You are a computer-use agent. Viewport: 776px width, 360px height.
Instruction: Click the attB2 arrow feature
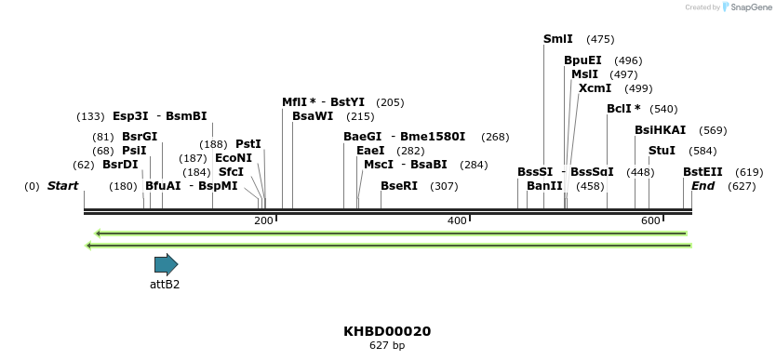pyautogui.click(x=166, y=264)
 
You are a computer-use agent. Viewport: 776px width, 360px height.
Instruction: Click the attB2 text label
pyautogui.click(x=165, y=285)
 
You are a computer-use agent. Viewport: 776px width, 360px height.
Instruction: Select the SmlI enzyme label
pyautogui.click(x=558, y=39)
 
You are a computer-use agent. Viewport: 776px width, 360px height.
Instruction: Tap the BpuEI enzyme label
pyautogui.click(x=582, y=60)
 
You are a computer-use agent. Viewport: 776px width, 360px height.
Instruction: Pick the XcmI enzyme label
pyautogui.click(x=595, y=88)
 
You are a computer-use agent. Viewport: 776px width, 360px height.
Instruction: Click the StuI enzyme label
pyautogui.click(x=662, y=151)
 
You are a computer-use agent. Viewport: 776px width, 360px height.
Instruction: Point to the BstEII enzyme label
pyautogui.click(x=702, y=172)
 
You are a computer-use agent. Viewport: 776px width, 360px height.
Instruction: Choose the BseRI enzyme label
pyautogui.click(x=399, y=186)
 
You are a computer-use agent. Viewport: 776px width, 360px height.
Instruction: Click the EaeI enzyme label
pyautogui.click(x=370, y=151)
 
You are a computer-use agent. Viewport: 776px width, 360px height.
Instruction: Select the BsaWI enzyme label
pyautogui.click(x=313, y=116)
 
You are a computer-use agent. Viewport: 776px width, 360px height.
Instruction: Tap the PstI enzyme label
pyautogui.click(x=248, y=144)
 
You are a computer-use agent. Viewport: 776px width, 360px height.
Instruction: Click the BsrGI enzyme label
pyautogui.click(x=140, y=137)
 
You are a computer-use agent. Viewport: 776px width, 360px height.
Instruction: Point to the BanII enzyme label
pyautogui.click(x=544, y=186)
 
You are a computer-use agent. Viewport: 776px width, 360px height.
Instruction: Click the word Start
pyautogui.click(x=62, y=186)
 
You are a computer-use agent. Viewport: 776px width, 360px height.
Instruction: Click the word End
pyautogui.click(x=702, y=186)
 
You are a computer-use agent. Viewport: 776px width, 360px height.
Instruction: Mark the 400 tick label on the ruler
pyautogui.click(x=457, y=220)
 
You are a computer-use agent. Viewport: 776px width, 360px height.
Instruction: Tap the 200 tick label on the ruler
pyautogui.click(x=263, y=220)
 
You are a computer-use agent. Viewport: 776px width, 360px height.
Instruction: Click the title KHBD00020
pyautogui.click(x=387, y=331)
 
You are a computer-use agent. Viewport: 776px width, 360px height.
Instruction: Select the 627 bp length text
pyautogui.click(x=387, y=346)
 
